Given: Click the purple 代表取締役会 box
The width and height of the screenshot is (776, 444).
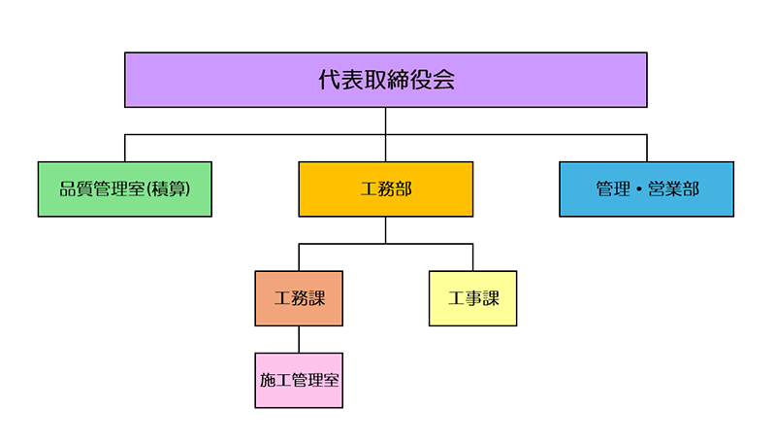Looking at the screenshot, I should click(x=386, y=80).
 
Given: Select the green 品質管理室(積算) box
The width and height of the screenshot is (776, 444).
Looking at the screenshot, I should click(x=124, y=188).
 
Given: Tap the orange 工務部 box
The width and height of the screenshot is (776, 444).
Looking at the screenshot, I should click(x=386, y=188).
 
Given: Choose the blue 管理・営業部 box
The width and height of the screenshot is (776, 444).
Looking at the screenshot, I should click(x=646, y=188).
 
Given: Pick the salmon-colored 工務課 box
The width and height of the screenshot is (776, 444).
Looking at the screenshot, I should click(x=299, y=298).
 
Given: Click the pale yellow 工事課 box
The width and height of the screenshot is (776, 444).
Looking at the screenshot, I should click(x=472, y=298).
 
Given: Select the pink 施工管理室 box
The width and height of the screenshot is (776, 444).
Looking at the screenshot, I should click(x=299, y=380).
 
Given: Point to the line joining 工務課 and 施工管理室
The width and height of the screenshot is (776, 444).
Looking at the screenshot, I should click(x=299, y=339).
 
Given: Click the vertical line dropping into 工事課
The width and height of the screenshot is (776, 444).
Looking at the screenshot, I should click(x=472, y=256).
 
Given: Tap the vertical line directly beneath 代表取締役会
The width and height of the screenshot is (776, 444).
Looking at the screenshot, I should click(x=386, y=120).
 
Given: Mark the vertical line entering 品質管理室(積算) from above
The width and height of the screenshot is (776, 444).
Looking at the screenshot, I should click(x=125, y=148).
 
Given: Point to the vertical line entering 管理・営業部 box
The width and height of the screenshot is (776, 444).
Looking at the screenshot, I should click(x=647, y=148).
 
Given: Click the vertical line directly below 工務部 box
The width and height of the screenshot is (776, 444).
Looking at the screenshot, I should click(x=386, y=229).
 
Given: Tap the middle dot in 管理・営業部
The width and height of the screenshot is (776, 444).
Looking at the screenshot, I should click(x=639, y=189).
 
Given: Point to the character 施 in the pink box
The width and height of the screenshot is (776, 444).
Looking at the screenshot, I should click(x=268, y=381).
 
